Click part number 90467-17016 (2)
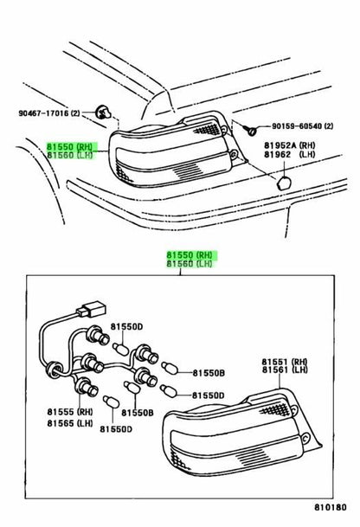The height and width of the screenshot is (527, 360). tap(49, 113)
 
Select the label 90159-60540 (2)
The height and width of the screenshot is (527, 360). tap(303, 126)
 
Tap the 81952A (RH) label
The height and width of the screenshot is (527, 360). tap(289, 145)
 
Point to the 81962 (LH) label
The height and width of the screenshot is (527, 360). tap(289, 155)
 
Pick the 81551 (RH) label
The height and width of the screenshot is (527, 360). tap(285, 362)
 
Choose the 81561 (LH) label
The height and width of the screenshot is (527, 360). tap(285, 370)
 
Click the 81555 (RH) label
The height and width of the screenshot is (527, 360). tap(70, 412)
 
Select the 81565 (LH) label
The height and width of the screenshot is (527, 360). tap(70, 423)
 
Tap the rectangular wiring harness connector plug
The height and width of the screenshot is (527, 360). tap(92, 309)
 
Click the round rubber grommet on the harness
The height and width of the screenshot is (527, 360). tap(55, 370)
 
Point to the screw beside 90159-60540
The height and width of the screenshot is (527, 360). tap(251, 130)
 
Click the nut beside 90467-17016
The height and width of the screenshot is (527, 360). tap(102, 112)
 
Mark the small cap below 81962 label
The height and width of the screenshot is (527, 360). tap(284, 183)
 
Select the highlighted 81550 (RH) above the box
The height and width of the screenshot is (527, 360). tap(190, 255)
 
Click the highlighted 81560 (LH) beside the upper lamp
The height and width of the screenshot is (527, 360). tap(69, 155)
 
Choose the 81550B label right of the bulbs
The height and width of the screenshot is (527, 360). tap(209, 373)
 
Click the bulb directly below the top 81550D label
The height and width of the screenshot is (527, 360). tap(120, 349)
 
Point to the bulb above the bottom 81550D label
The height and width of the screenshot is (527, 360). tap(111, 402)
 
